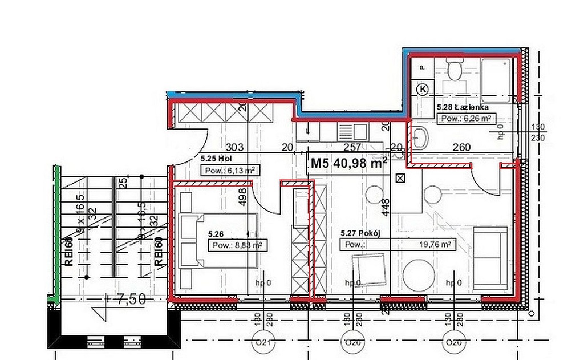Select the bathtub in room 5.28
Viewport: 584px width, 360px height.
pos(498,80)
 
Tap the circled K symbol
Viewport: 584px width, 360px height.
pos(423,88)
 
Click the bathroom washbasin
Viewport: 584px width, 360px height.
pos(421,137)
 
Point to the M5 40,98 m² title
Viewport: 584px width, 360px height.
pos(348,164)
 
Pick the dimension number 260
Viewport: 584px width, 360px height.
pos(461,147)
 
